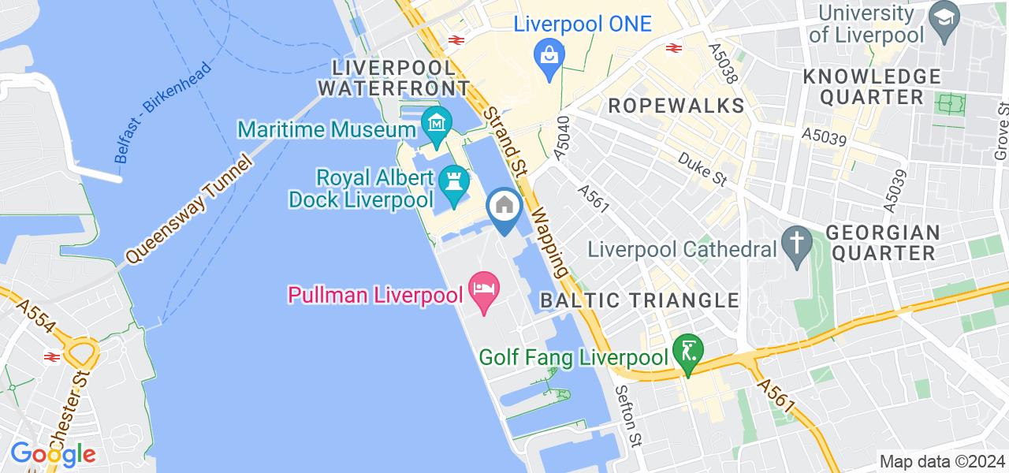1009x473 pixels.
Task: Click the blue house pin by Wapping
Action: point(504,207)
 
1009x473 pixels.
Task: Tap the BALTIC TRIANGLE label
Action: point(639,300)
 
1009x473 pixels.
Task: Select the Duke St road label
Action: point(702,169)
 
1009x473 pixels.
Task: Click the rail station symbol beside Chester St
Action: point(52,357)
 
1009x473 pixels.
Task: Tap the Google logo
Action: point(52,455)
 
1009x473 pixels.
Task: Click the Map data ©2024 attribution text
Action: point(941,462)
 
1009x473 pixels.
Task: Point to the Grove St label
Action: point(1002,130)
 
